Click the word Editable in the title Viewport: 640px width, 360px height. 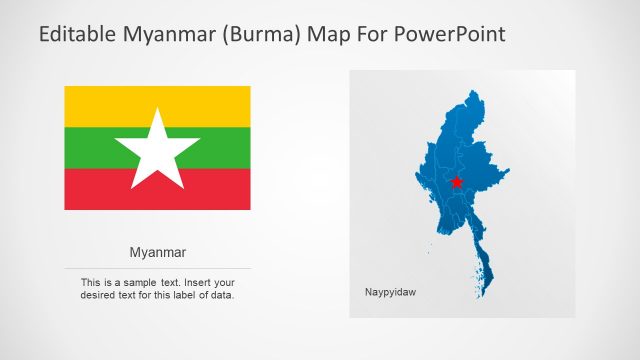click(79, 35)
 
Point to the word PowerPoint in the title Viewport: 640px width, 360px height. click(452, 35)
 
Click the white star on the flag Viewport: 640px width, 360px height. click(158, 150)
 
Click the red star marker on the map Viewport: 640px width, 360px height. click(456, 182)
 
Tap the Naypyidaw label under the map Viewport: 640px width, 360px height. click(390, 292)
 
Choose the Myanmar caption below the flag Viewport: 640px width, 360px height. click(158, 252)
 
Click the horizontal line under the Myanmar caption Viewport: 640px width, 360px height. click(158, 268)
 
